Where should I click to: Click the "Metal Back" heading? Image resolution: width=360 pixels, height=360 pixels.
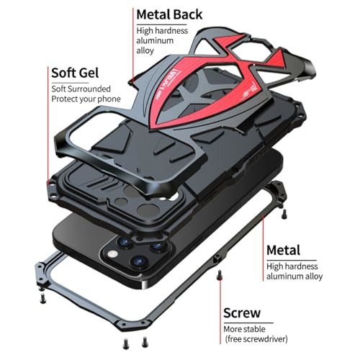click(169, 14)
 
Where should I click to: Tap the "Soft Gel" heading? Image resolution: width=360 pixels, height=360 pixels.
click(75, 73)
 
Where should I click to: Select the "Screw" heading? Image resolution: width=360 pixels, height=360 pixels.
click(242, 312)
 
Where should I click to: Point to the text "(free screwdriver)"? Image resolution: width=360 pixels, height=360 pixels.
click(256, 339)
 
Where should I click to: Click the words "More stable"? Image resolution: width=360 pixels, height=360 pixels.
click(244, 329)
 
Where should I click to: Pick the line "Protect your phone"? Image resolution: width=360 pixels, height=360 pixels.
click(86, 99)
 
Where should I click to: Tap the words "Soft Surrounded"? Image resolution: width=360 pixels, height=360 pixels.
click(81, 89)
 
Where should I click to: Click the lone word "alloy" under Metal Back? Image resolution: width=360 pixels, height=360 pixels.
click(145, 51)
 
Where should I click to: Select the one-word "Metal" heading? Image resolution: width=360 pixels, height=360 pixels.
click(284, 251)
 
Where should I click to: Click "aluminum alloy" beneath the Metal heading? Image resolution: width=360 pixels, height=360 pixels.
click(294, 276)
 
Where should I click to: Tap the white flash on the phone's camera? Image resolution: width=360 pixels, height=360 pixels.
click(112, 253)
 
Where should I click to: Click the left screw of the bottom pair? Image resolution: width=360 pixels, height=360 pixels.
click(126, 343)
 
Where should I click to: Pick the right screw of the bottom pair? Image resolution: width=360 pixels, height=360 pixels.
click(145, 342)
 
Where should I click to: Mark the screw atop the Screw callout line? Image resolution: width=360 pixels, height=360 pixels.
click(219, 275)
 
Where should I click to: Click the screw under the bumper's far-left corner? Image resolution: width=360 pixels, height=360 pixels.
click(42, 298)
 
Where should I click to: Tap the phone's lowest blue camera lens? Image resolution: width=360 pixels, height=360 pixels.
click(139, 261)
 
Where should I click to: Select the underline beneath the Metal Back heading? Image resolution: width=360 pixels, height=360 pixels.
click(161, 24)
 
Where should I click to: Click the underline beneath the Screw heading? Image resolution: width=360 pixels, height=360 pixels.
click(248, 323)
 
